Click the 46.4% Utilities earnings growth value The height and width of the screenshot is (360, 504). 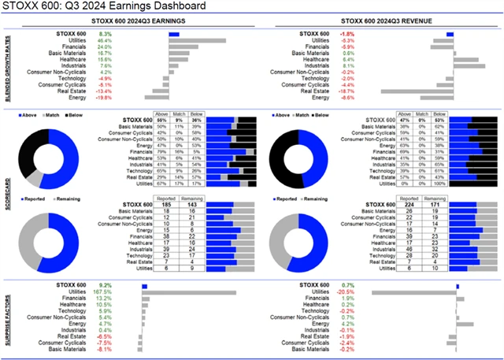coord(105,41)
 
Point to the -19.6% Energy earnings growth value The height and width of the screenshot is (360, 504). coord(105,98)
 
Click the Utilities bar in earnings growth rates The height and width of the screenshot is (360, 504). coord(198,41)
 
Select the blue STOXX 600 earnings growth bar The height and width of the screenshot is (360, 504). coord(173,35)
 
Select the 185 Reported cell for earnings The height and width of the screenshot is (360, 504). coord(166,206)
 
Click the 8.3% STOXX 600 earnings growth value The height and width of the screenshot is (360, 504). coord(106,35)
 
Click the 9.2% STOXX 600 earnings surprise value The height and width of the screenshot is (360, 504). coord(106,285)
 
